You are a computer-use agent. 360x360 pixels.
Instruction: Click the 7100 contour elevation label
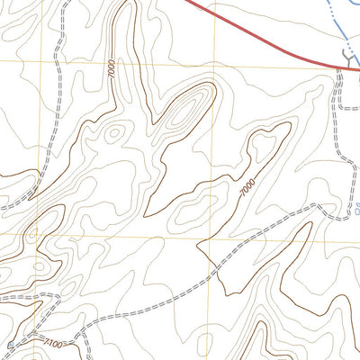coord(51,344)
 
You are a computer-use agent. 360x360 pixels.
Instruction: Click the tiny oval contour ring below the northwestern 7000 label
coord(112,132)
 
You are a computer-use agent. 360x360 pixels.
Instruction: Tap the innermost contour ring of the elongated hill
coord(187,114)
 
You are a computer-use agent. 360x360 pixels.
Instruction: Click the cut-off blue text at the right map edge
coord(355,214)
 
